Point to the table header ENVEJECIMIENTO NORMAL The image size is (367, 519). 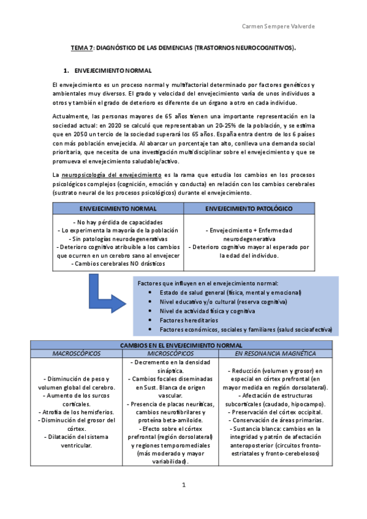pos(118,209)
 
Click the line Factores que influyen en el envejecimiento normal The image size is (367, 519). pos(208,283)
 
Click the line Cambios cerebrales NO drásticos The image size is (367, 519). pos(118,264)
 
